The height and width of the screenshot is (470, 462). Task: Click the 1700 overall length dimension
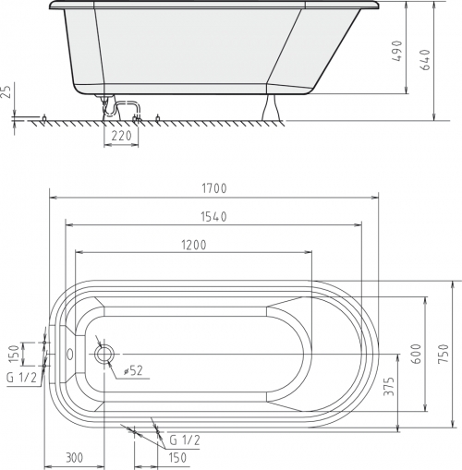(x=214, y=188)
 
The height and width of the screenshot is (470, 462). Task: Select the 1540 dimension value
(x=213, y=217)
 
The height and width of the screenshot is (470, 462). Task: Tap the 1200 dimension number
(x=194, y=245)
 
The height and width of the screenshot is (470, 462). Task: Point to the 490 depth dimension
(x=397, y=51)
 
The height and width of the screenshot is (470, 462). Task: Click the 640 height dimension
(x=425, y=59)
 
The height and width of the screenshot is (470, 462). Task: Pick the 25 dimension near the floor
(x=6, y=91)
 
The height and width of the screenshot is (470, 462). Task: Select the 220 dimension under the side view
(x=121, y=136)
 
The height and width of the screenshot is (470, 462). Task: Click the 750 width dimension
(x=444, y=354)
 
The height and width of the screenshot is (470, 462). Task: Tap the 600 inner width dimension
(x=417, y=354)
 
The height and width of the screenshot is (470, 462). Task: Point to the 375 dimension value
(x=389, y=386)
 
